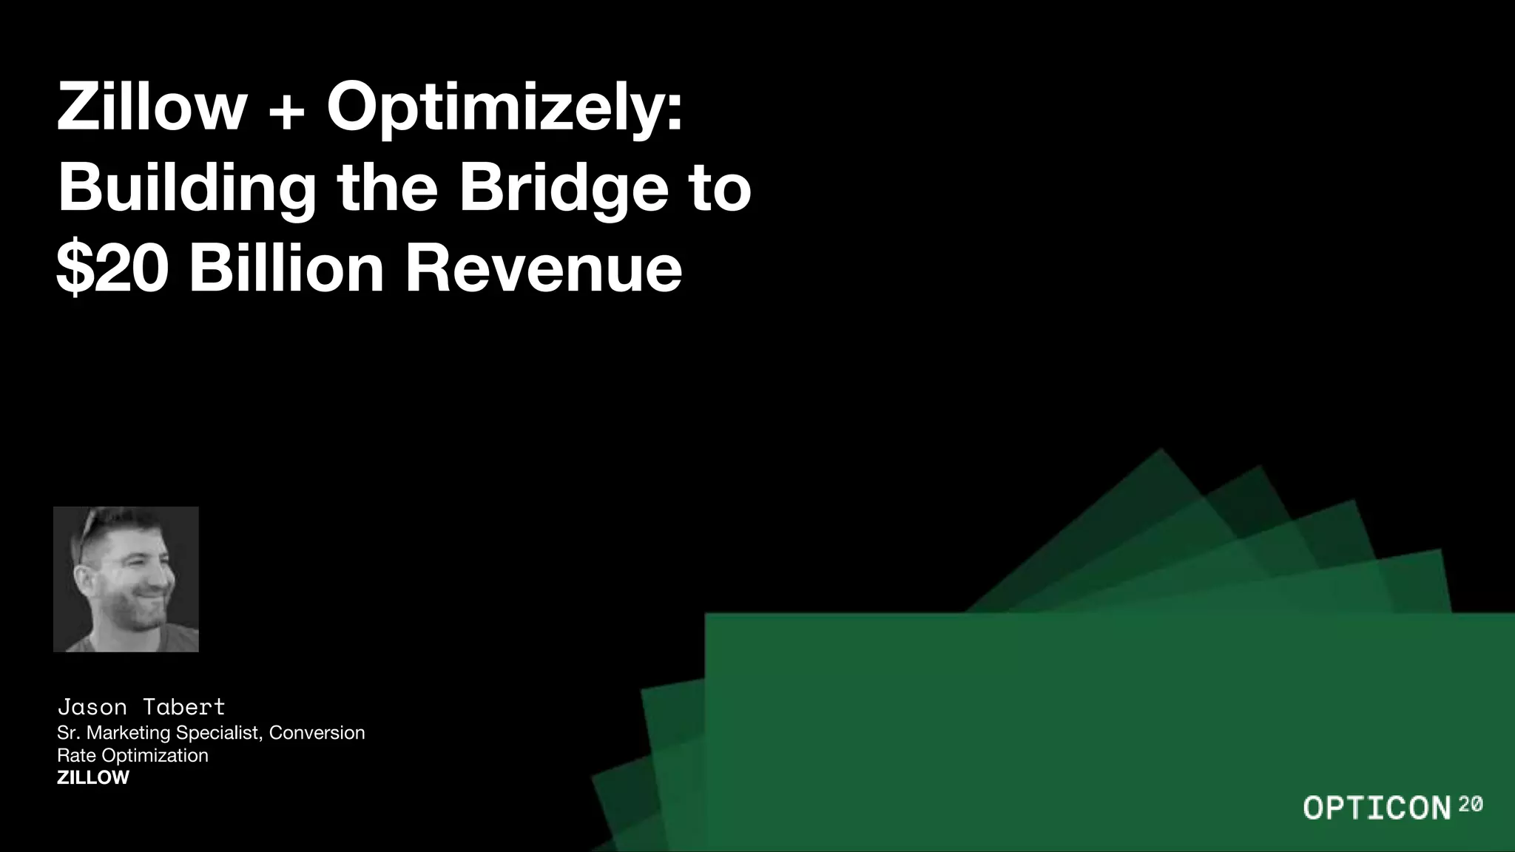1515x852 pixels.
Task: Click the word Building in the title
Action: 187,189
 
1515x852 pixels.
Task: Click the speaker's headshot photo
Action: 126,579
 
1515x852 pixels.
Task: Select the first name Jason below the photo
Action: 92,708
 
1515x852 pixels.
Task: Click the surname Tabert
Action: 184,708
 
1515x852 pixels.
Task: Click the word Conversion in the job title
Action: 317,733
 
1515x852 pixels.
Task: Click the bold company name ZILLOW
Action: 93,778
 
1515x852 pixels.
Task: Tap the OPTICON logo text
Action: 1377,808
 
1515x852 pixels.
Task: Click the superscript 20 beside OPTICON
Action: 1471,804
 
